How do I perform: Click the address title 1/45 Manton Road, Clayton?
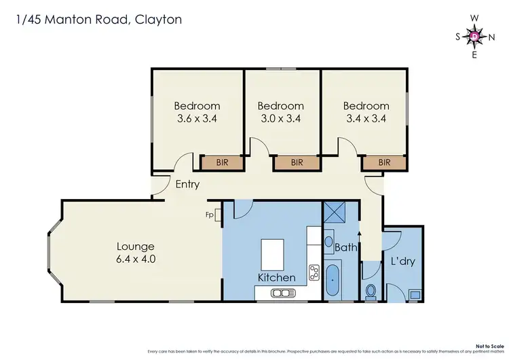coord(99,20)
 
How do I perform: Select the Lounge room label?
coord(136,247)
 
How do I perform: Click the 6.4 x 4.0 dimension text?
coord(136,259)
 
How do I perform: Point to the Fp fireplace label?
coord(210,215)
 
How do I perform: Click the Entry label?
coord(187,184)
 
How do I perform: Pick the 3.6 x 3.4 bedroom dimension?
coord(197,118)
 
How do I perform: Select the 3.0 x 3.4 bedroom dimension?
coord(280,118)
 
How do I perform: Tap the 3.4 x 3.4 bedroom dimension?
coord(366,118)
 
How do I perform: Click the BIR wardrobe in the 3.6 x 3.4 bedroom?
coord(222,162)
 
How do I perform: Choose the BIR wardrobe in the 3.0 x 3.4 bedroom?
coord(297,162)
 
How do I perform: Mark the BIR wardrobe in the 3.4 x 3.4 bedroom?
coord(384,162)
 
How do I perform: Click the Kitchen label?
coord(276,277)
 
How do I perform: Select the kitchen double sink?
coord(280,293)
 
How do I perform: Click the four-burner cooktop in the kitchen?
coord(315,272)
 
